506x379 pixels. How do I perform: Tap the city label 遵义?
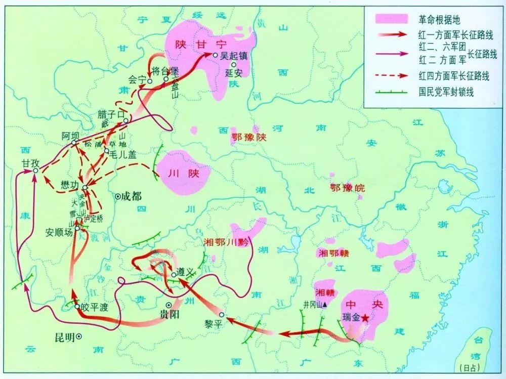pyautogui.click(x=185, y=272)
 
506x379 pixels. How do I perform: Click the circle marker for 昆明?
pyautogui.click(x=79, y=336)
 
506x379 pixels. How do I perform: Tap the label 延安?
pyautogui.click(x=233, y=72)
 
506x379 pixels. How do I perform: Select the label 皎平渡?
pyautogui.click(x=95, y=307)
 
